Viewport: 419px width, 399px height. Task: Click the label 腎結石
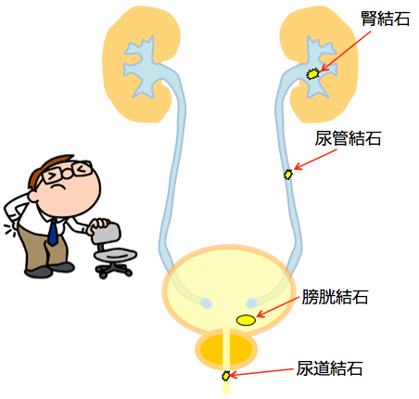click(386, 19)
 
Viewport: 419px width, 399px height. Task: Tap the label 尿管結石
click(348, 138)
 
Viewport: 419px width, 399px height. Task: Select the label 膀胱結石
click(335, 297)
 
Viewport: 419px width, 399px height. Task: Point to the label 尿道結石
click(329, 368)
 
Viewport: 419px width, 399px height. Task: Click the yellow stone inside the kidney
click(312, 74)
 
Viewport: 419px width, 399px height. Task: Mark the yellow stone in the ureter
click(288, 174)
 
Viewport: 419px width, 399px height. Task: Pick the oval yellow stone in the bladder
click(246, 320)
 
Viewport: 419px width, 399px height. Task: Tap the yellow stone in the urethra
click(226, 376)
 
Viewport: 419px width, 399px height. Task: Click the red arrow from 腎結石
click(346, 51)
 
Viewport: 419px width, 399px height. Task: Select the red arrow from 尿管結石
click(315, 160)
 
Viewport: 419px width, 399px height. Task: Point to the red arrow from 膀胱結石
click(278, 306)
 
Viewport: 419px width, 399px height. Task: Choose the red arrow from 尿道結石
click(261, 372)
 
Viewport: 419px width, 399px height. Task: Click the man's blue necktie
click(53, 232)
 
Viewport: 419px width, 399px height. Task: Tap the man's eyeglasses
click(67, 172)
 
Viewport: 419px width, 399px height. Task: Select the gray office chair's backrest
click(106, 233)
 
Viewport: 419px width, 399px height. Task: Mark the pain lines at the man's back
click(9, 230)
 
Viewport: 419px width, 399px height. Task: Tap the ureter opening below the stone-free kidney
click(206, 303)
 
